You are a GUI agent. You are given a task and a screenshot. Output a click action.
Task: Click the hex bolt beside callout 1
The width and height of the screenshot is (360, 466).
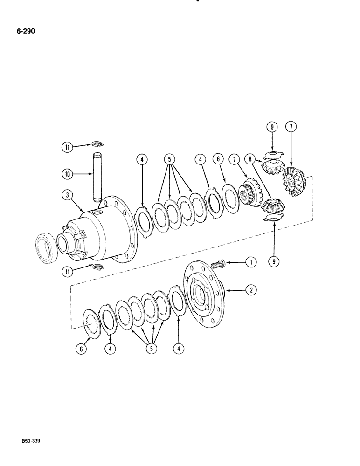218,264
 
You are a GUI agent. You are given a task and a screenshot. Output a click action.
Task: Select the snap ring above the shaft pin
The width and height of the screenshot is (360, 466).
97,144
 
